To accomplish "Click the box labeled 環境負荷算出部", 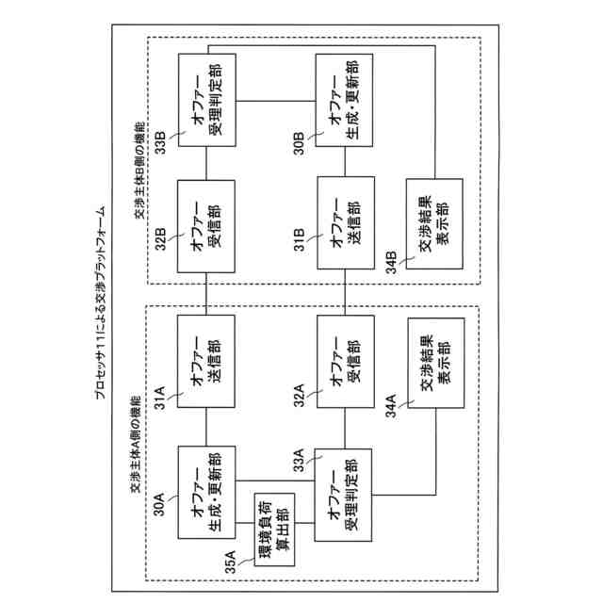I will pos(274,530).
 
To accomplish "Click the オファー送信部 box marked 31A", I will pos(205,360).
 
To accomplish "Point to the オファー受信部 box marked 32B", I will pos(205,224).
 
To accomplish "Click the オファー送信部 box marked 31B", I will pos(345,224).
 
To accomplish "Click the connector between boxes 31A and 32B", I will pos(205,291).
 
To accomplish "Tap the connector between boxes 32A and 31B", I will pos(345,291).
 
